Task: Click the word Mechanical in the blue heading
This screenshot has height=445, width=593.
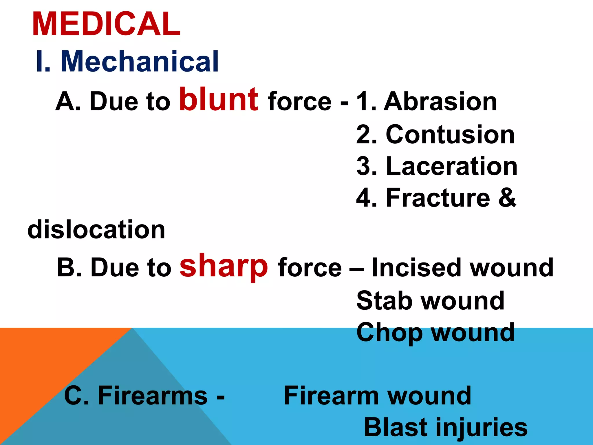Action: coord(140,61)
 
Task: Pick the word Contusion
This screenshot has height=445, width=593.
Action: coord(450,134)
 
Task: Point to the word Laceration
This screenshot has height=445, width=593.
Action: coord(451,166)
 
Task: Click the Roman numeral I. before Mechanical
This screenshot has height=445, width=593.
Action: coord(43,61)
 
